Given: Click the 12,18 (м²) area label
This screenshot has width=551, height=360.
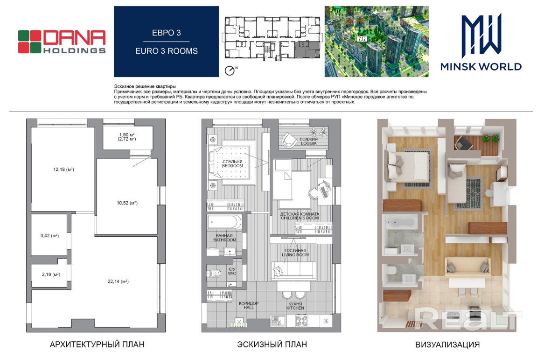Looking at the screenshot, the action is coord(63,169).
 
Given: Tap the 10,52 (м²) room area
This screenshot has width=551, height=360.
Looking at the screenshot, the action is coord(127,203).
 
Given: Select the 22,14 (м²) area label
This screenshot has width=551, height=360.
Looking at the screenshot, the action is coord(118,281).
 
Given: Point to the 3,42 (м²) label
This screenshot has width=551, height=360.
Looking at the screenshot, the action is coord(49,235).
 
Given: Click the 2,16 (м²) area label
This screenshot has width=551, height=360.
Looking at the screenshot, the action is coord(51,274).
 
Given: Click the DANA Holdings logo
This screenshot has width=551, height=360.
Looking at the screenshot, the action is coord(62,42).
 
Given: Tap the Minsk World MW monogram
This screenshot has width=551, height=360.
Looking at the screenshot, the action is coord(481,35).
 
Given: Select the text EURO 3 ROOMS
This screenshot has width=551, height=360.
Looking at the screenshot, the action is coord(166,51).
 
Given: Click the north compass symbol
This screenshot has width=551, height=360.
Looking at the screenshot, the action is coord(230,71).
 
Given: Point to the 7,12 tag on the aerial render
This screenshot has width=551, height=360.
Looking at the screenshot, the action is coord(362,39).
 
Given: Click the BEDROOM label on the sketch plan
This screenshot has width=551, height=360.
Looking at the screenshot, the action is coord(232,166).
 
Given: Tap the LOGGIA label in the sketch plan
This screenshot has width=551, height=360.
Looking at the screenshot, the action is coord(308,143).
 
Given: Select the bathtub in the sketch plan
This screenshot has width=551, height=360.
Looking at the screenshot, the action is coord(224,222).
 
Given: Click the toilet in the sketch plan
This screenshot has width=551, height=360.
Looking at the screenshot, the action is coord(214,274).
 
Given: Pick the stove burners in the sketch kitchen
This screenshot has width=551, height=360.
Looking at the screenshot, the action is coord(301,321).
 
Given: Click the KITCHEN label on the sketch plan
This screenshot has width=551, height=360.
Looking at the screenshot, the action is coord(295,308).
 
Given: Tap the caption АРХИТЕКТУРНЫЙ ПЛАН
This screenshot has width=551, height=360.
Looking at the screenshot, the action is coord(97,345).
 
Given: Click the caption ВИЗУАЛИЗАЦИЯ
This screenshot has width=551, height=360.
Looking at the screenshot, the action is coord(447,345).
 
